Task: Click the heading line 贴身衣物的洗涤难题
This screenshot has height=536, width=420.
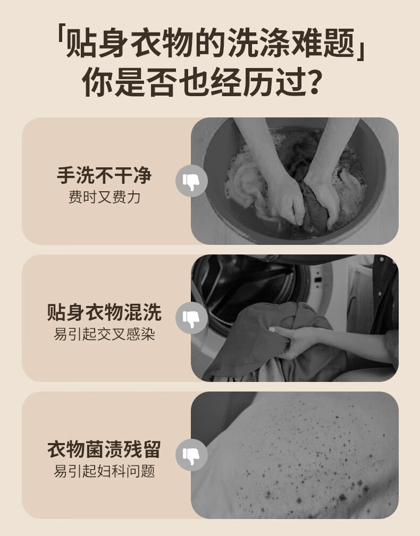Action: (x=209, y=43)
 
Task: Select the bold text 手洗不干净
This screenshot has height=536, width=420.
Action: (x=104, y=175)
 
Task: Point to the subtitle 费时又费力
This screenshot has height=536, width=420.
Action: (x=104, y=197)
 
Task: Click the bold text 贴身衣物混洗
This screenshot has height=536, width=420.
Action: (x=104, y=312)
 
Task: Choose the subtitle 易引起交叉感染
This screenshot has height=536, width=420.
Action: (x=104, y=334)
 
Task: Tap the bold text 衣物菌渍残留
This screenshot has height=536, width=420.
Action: (x=104, y=449)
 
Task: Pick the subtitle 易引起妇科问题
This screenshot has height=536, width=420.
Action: (x=104, y=471)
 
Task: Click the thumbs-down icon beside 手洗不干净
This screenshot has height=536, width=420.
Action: (x=191, y=181)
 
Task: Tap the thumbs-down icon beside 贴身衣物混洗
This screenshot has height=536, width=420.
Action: (x=191, y=318)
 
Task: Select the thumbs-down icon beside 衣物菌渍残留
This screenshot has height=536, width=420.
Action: (x=191, y=455)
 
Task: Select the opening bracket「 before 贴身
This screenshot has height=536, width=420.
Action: (x=61, y=35)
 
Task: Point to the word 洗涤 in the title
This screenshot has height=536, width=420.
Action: (x=258, y=43)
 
